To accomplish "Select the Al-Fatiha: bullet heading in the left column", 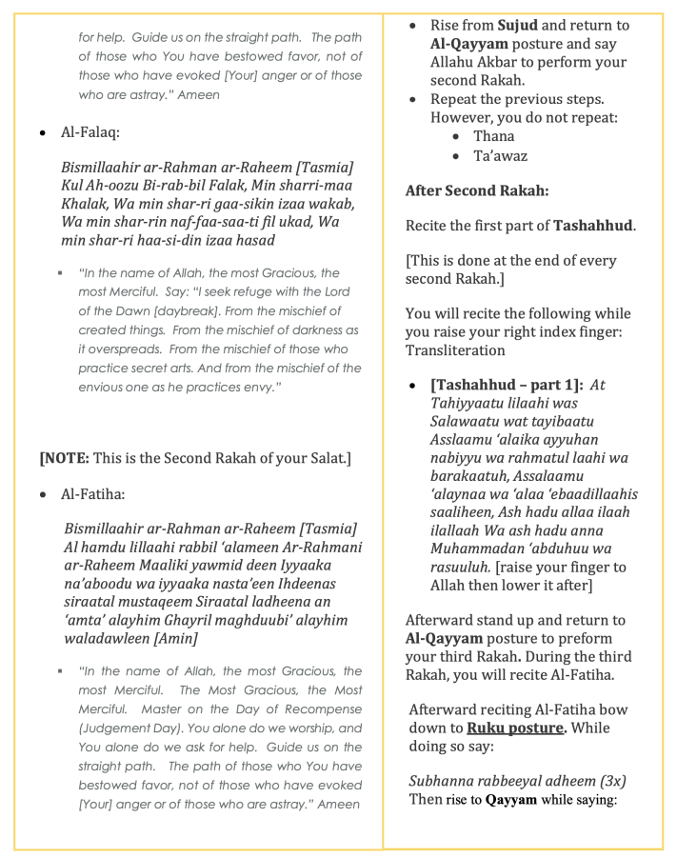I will click(92, 494).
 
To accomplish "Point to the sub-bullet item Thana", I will click(493, 136).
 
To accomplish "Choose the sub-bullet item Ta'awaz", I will click(500, 156).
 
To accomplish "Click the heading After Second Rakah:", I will click(476, 190).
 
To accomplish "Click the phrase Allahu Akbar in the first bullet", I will click(473, 63).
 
